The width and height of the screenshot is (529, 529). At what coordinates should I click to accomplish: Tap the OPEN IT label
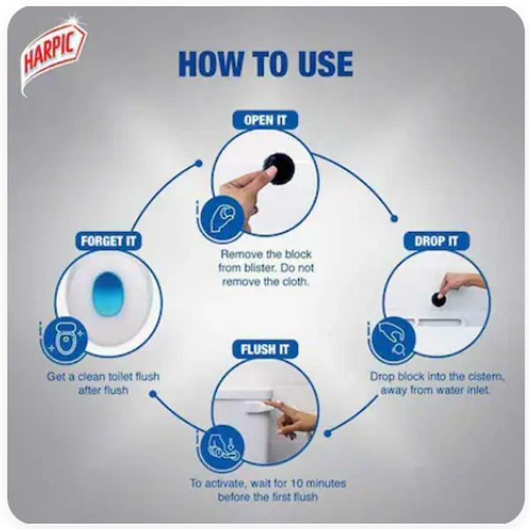(265, 120)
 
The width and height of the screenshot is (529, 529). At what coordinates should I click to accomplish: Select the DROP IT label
(436, 241)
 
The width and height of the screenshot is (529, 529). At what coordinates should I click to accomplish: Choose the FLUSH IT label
(265, 349)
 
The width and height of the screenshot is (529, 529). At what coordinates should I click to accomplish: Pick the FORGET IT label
(108, 241)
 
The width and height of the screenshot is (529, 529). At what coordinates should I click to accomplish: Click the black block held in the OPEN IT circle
(279, 168)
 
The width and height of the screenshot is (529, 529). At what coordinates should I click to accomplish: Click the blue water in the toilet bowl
(108, 294)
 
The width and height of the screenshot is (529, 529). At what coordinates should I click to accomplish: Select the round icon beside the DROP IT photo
(392, 339)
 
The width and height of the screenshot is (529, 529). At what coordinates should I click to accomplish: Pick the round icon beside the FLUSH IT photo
(222, 447)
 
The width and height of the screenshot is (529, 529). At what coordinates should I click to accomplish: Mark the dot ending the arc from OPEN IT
(394, 219)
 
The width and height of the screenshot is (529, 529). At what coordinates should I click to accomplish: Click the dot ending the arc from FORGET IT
(199, 164)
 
